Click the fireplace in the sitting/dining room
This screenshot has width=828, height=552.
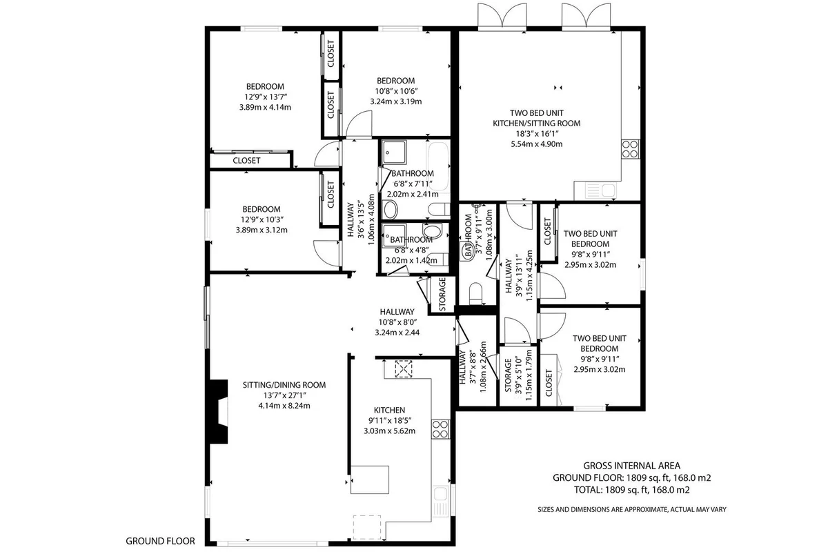point(217,411)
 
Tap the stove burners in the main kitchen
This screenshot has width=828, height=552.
point(440,429)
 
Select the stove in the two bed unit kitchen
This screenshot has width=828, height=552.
point(630,149)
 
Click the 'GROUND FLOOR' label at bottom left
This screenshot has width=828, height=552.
point(160,541)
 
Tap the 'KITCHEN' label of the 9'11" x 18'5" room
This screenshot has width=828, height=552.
point(389,410)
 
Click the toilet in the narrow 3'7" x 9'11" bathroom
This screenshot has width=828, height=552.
point(475,293)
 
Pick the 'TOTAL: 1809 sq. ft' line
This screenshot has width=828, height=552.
point(632,490)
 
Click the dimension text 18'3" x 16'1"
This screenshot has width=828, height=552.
point(537,134)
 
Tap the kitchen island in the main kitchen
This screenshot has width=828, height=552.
point(370,480)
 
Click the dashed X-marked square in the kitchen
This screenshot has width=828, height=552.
point(403,369)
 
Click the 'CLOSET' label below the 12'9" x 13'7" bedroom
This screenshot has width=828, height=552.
point(246,161)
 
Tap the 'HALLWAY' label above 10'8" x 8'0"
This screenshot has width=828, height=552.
point(397,312)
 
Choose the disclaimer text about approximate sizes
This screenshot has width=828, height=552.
point(632,509)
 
